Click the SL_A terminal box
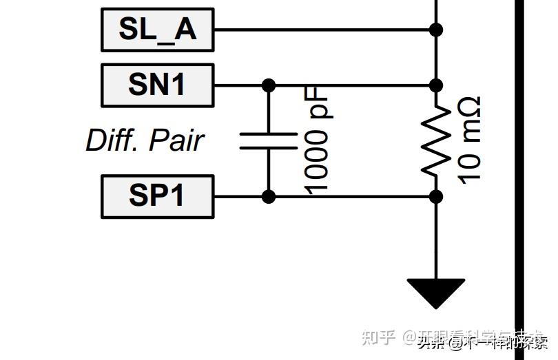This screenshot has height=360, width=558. click(x=158, y=30)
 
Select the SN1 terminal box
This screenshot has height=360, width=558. click(x=158, y=85)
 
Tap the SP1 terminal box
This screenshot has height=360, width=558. click(x=158, y=196)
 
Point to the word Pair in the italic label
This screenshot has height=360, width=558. click(x=176, y=140)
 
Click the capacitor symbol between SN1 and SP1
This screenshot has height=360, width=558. click(x=269, y=140)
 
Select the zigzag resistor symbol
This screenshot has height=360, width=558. click(x=436, y=141)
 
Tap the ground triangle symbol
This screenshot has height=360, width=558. click(x=436, y=293)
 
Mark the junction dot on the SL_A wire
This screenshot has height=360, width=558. click(x=436, y=30)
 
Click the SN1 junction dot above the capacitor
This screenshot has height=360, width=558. click(x=269, y=85)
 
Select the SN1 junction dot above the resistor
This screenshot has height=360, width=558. click(x=436, y=85)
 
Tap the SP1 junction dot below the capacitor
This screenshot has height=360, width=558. click(x=269, y=197)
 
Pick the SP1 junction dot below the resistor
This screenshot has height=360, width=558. click(x=436, y=197)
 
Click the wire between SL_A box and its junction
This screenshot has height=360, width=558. click(x=324, y=30)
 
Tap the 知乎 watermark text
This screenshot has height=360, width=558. click(x=379, y=337)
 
